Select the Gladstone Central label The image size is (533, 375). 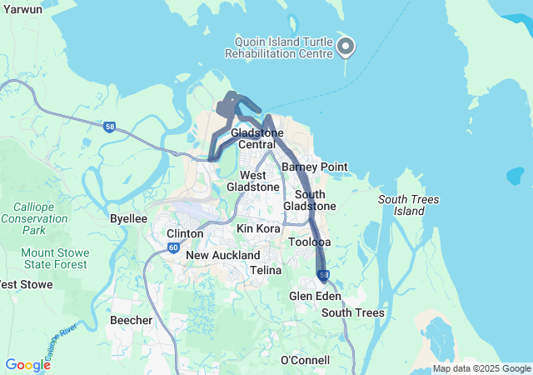(x=257, y=138)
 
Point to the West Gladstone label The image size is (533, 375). (x=253, y=181)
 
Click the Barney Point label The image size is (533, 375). (x=314, y=167)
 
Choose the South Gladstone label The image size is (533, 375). (x=309, y=200)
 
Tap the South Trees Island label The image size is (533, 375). (x=409, y=205)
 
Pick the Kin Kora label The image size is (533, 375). (x=257, y=227)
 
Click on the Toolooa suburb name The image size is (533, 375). (x=309, y=242)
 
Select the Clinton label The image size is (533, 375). (x=185, y=233)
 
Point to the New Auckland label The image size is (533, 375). (x=222, y=255)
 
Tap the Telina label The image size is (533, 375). (x=266, y=271)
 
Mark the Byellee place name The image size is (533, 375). (x=128, y=218)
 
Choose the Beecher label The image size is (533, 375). (x=131, y=320)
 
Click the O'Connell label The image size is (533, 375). (x=305, y=360)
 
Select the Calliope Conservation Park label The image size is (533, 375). (x=34, y=217)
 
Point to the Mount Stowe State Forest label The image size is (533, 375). (x=54, y=258)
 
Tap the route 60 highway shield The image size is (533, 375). (x=172, y=247)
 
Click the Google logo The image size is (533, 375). (x=27, y=364)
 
